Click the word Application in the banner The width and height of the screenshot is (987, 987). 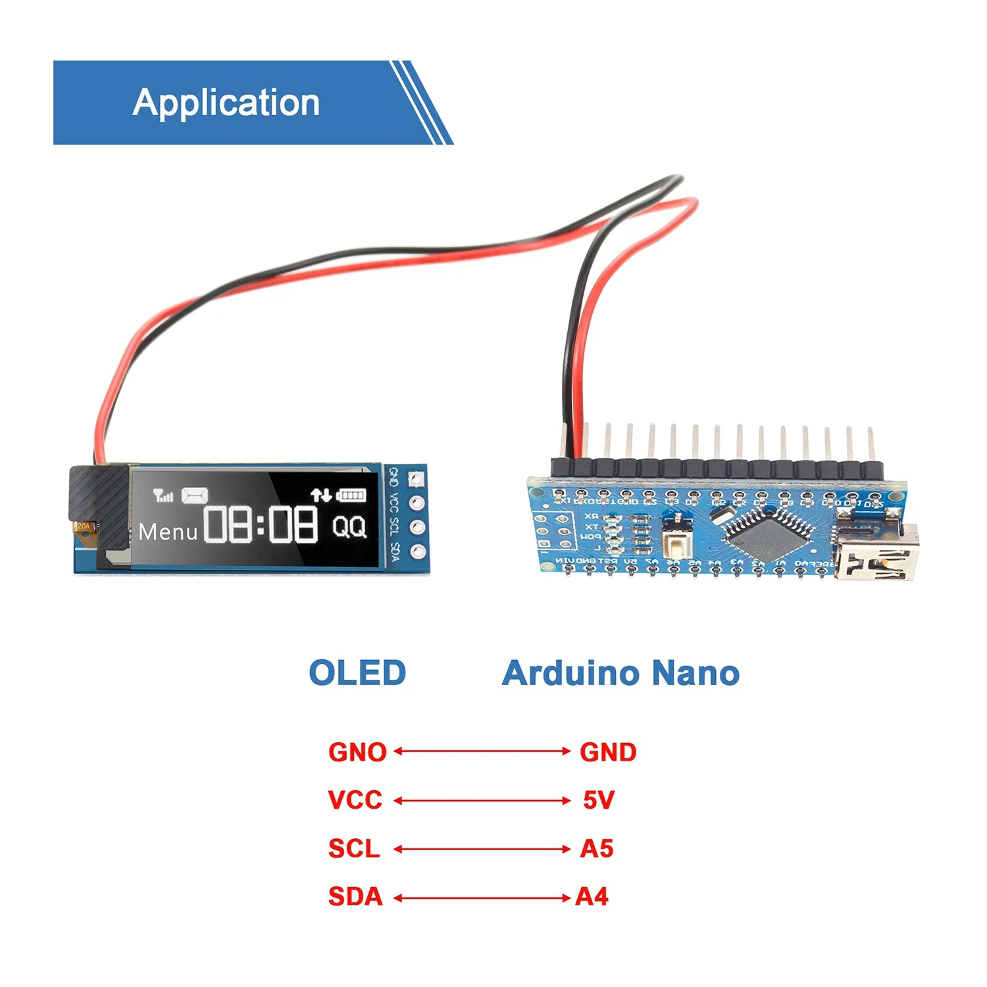226,103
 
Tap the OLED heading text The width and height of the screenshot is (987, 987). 357,673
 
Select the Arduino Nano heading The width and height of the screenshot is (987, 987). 620,673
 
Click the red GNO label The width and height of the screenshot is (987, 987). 357,752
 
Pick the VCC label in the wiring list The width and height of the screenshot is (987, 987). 355,800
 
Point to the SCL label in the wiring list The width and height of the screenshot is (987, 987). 354,849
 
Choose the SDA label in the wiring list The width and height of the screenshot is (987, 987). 355,897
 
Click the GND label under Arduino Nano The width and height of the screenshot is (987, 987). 608,752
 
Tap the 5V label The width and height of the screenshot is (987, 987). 599,800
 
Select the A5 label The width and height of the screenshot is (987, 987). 597,849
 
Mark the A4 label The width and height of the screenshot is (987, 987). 592,897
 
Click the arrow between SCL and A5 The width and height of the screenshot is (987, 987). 482,849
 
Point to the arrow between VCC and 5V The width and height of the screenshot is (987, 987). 482,801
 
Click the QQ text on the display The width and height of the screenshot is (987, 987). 349,526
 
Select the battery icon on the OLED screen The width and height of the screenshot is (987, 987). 351,495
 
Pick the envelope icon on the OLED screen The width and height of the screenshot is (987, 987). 195,495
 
